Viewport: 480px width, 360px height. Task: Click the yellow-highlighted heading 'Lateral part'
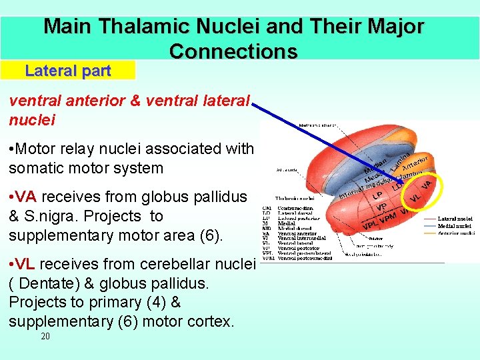[67, 71]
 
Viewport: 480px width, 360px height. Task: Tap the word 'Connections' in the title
[233, 51]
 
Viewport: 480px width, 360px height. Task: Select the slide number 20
[45, 337]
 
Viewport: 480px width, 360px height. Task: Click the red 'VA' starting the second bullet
[25, 197]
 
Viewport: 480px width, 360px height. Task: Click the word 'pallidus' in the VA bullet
[221, 197]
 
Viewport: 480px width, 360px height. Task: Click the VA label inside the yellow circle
[428, 182]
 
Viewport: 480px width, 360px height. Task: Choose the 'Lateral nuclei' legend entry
[456, 218]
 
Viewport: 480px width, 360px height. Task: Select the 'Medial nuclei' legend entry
[456, 225]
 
